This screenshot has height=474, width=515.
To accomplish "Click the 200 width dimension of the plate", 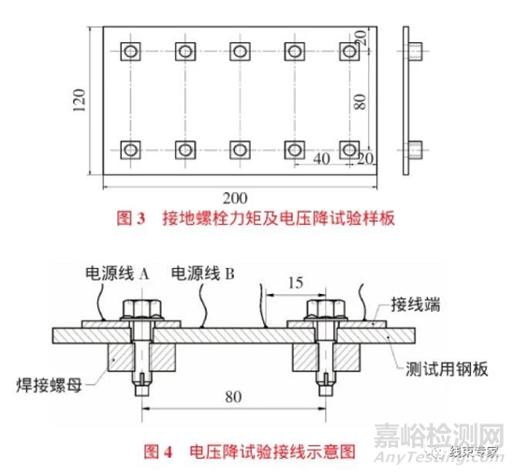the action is point(235,199).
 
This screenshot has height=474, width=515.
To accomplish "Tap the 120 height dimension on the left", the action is point(79,100).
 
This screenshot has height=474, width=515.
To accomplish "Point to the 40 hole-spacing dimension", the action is point(321,159).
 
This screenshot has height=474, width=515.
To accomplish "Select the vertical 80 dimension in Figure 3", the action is point(360,101).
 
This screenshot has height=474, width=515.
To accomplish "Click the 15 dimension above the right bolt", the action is point(296,283).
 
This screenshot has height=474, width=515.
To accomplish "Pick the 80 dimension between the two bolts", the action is point(233,397).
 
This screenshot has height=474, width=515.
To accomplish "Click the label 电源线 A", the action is point(117,274).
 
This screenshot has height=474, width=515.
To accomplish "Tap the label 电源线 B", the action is point(203,274).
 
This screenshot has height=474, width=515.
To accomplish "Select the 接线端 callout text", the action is point(415,304).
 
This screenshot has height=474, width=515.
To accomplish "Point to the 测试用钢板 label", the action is point(447,369).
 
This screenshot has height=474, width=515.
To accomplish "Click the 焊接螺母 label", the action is point(50,385).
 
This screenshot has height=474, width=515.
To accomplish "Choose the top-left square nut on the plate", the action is point(130,52).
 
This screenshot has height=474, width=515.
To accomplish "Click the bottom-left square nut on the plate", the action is point(130,150).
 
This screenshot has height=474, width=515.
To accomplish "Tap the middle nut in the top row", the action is point(240,52).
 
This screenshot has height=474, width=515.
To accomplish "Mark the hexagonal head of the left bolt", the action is point(142,309).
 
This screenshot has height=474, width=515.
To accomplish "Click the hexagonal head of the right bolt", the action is point(326,309).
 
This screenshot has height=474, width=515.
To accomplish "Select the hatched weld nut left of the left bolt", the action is point(120,358).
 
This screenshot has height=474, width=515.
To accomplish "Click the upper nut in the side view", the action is point(416,52).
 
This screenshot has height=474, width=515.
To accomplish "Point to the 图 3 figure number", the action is point(131,218).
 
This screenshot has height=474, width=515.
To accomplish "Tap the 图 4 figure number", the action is point(158,452).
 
